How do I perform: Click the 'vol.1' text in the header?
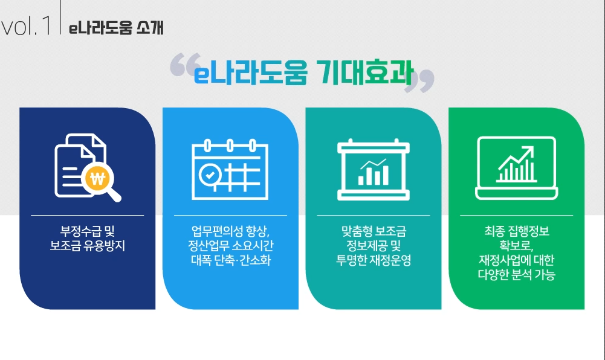pos(27,27)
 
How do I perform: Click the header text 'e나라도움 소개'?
pos(116,28)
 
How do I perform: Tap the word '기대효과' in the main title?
pos(364,75)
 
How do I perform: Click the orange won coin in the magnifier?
pos(97,178)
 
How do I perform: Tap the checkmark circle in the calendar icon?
pos(210,174)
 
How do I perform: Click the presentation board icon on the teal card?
pos(373,169)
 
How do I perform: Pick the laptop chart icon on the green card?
pos(516,167)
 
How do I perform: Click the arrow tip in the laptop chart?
pos(532,149)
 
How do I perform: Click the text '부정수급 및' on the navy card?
pos(87,231)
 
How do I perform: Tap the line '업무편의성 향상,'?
pos(230,231)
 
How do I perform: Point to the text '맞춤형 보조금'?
pos(374,231)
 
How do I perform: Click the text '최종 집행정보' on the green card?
pos(516,231)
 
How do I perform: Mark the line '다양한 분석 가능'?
pos(516,275)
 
